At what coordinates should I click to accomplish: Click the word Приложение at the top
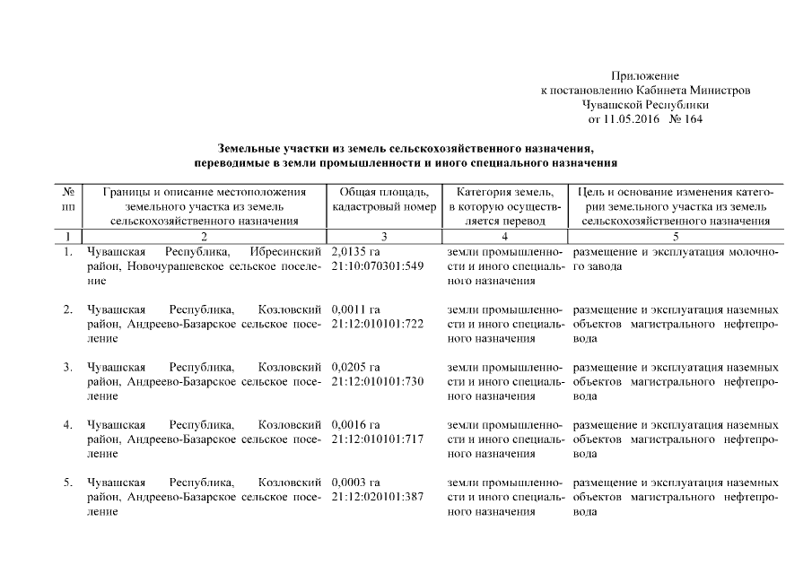pyautogui.click(x=644, y=76)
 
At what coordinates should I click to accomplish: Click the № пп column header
pyautogui.click(x=68, y=198)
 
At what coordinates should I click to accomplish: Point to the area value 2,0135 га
pyautogui.click(x=356, y=253)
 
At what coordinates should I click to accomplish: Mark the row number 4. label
pyautogui.click(x=68, y=424)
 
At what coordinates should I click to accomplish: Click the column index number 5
pyautogui.click(x=674, y=236)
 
